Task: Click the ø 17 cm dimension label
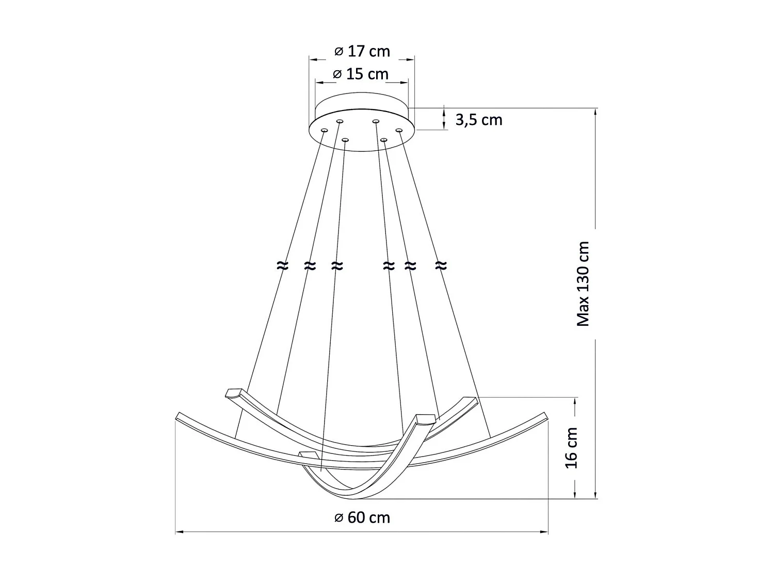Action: point(362,52)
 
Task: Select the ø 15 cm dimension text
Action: point(361,74)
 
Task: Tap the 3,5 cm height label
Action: point(478,120)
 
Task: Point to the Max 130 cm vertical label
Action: point(583,284)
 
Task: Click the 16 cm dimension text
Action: point(572,448)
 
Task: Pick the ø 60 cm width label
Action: point(362,517)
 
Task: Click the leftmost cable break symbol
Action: point(282,266)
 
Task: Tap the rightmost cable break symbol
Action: point(440,266)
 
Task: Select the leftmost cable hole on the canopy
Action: point(324,130)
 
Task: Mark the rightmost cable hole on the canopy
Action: point(399,130)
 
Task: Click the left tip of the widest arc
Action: point(178,416)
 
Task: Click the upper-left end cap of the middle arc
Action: point(233,392)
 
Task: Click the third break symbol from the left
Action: point(337,266)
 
